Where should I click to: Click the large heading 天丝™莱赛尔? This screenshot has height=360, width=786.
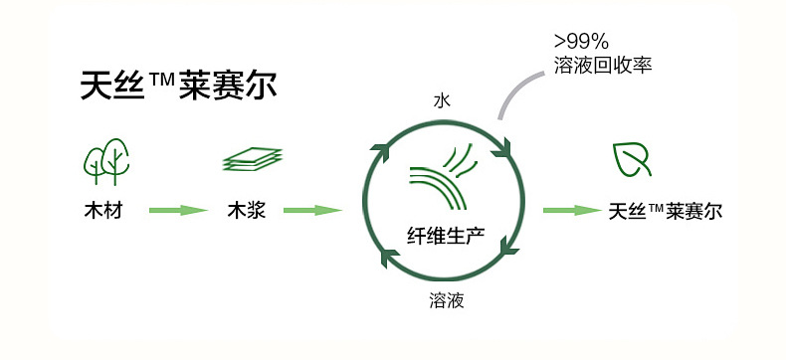point(178,86)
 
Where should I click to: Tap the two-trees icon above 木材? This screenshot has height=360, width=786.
point(106,162)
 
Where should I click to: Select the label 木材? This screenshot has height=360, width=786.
point(103,211)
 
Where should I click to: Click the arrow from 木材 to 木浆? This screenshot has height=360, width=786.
point(178,210)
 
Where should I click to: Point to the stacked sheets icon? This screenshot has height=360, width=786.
point(252,159)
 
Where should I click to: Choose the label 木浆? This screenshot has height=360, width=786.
point(246,211)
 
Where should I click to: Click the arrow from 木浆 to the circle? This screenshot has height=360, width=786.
point(312,210)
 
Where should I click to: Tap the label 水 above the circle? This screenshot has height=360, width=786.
point(442,101)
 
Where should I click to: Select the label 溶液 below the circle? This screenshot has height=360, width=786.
point(446,300)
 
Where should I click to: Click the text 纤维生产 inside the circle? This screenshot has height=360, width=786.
point(446,236)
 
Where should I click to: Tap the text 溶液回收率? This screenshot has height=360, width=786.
point(603,66)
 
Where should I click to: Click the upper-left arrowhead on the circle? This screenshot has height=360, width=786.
point(380,152)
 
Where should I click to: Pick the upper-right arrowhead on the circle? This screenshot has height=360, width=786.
point(501,149)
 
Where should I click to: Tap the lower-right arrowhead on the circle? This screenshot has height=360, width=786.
point(508,246)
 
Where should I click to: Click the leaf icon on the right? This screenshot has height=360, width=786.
point(632,160)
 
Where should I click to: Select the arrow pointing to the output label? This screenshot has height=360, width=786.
point(572,210)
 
